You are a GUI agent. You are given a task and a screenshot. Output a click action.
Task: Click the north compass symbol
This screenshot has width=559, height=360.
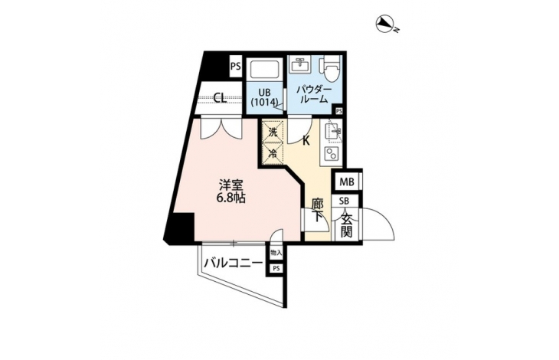click(x=385, y=24)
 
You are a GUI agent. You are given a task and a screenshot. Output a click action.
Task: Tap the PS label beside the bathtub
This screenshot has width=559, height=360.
click(x=235, y=67)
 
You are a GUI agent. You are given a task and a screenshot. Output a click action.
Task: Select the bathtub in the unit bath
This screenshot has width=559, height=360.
click(x=265, y=70)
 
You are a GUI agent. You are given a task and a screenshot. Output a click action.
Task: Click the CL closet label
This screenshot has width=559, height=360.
click(x=221, y=97)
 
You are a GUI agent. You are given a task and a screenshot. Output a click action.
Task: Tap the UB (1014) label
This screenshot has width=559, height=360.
click(x=264, y=97)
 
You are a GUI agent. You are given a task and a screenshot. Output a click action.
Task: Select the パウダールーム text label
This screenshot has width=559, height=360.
click(x=313, y=95)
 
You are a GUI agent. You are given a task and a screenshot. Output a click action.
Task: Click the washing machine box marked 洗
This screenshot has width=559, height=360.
click(x=273, y=132)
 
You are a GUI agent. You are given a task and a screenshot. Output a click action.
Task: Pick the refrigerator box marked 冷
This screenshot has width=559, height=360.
click(x=273, y=154)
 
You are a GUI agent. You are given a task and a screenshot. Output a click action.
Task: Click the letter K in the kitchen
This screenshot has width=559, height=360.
click(x=306, y=141)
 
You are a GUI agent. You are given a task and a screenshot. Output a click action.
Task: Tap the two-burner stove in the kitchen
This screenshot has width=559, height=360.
click(x=332, y=154)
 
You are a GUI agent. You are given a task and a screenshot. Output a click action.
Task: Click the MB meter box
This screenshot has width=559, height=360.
click(x=347, y=182)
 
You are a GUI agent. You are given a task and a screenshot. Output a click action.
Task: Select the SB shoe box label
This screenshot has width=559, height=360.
click(x=344, y=201)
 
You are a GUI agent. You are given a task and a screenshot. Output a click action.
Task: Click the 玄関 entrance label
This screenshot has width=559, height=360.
click(x=347, y=225)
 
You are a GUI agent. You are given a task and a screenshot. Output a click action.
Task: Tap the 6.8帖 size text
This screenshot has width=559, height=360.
click(x=231, y=198)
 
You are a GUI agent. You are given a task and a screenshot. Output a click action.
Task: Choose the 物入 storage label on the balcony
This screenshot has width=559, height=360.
click(x=276, y=253)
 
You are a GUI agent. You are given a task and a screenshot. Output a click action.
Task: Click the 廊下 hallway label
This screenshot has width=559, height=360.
click(x=317, y=211)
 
